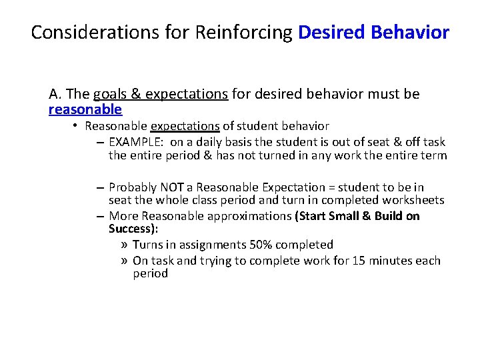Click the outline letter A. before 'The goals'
tap(54, 94)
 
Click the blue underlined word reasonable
tap(85, 109)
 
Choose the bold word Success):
tap(133, 229)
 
